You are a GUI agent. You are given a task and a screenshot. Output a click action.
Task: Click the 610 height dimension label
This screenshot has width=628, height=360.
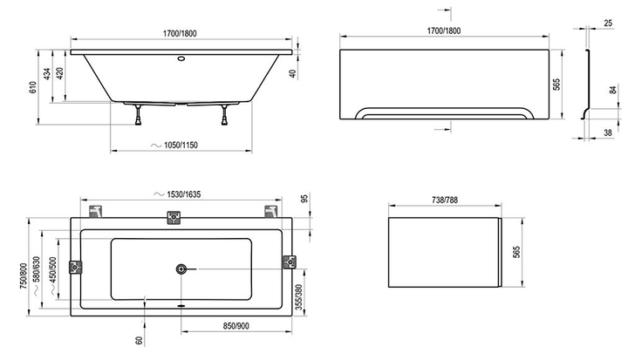tap(33, 87)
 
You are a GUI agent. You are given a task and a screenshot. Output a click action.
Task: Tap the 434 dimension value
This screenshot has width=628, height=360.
tap(47, 74)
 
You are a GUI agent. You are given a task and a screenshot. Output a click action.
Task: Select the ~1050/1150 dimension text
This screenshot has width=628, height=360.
tap(174, 145)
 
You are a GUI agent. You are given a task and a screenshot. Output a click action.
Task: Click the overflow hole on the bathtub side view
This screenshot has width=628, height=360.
tap(181, 59)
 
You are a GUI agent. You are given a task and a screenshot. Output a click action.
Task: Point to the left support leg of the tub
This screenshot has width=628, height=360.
tap(138, 115)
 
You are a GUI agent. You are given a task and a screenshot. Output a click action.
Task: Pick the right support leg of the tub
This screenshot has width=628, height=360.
tap(224, 115)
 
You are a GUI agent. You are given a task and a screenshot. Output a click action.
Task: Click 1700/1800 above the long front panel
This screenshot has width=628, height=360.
tap(444, 31)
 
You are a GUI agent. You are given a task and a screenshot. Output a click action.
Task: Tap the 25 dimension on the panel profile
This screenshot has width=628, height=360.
tap(608, 24)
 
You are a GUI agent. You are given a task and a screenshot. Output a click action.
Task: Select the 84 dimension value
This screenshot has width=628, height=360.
tap(613, 90)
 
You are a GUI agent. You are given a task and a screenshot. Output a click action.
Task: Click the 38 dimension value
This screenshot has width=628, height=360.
tap(608, 132)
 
